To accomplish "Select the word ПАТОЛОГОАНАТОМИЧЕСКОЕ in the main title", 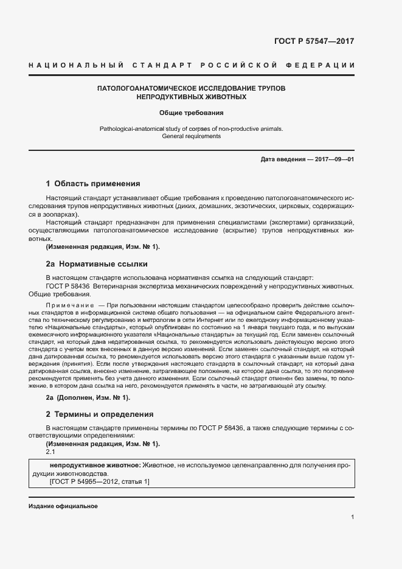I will click(x=154, y=88).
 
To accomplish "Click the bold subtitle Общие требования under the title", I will click(x=192, y=113).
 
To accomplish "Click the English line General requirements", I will click(x=192, y=136).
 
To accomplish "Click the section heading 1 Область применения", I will click(x=93, y=183).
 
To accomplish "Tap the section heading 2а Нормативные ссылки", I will click(x=97, y=264).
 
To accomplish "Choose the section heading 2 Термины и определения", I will click(x=100, y=414).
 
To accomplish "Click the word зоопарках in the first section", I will click(x=61, y=215).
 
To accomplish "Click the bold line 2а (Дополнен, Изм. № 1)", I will click(x=88, y=397).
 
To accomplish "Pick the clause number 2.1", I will click(x=50, y=452).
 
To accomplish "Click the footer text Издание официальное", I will click(x=63, y=506).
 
